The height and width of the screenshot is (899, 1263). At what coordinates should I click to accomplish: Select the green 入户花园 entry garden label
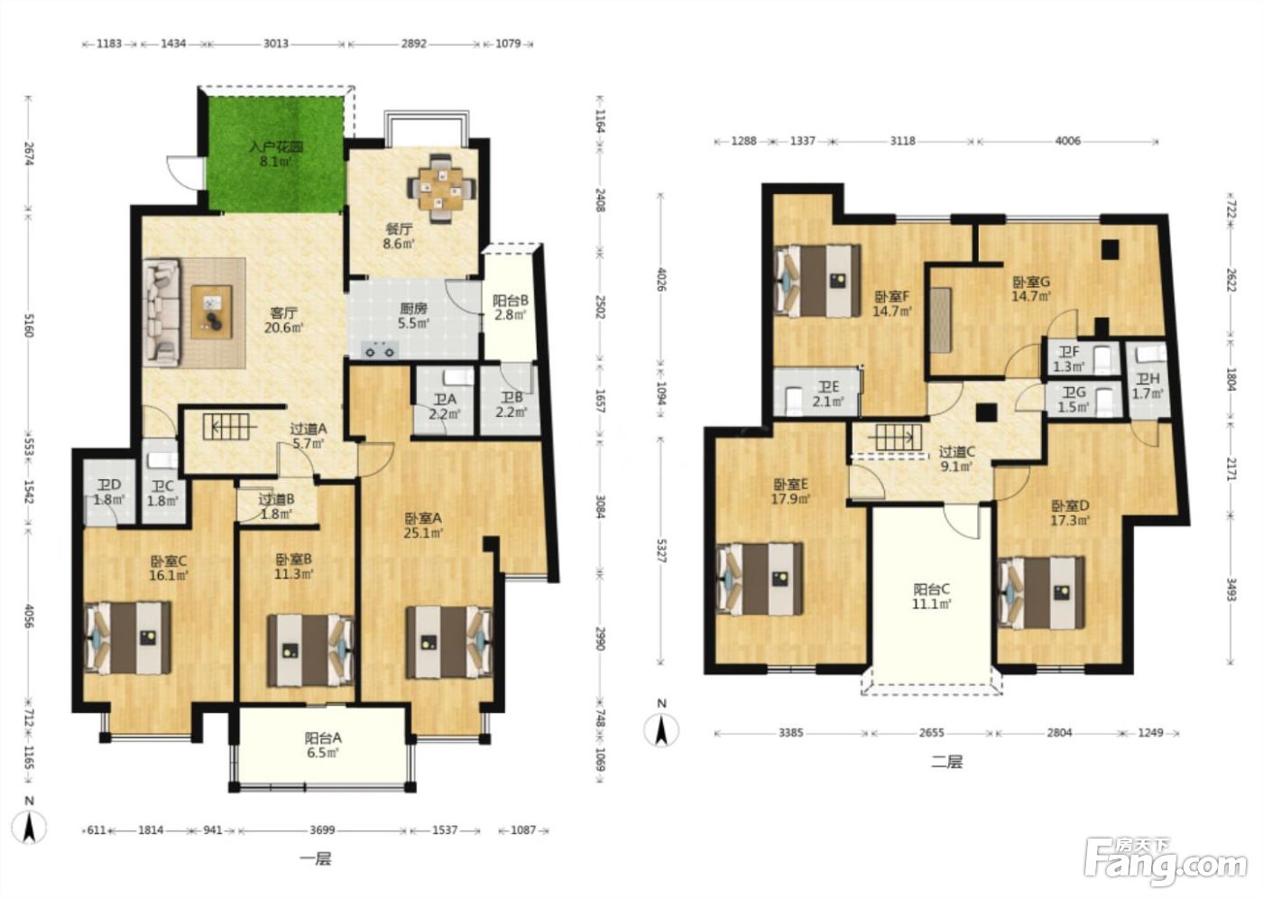pos(276,154)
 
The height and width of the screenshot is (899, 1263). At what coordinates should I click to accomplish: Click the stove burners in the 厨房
pos(380,350)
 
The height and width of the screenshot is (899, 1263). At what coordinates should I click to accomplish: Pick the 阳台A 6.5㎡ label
pos(323,745)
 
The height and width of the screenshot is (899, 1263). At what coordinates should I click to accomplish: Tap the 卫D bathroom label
pos(109,492)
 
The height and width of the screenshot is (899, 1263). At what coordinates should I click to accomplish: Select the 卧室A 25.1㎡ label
pos(423,525)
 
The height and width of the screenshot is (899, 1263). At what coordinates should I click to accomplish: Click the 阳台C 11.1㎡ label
pos(931,597)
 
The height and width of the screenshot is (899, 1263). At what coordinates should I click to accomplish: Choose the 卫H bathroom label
pos(1148,386)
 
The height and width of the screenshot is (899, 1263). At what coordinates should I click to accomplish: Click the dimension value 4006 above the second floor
pos(1067,141)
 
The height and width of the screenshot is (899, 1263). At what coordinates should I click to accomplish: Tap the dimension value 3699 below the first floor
pos(323,830)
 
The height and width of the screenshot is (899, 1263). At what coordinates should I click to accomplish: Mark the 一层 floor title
pos(316,859)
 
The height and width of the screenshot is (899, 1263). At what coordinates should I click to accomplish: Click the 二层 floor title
pos(946,763)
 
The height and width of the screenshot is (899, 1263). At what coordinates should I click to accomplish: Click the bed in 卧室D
pos(1041,593)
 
